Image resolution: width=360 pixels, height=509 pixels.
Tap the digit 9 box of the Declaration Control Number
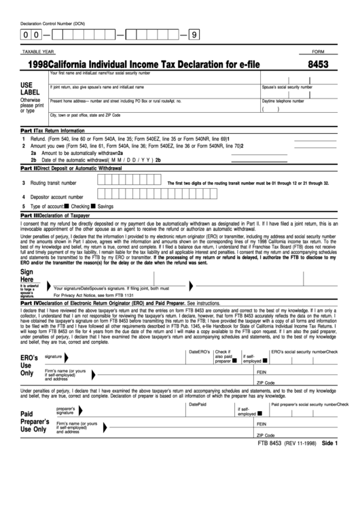[x=196, y=33]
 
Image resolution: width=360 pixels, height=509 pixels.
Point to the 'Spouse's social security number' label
[x=287, y=87]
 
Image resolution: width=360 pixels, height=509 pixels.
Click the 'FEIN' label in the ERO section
[x=262, y=373]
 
